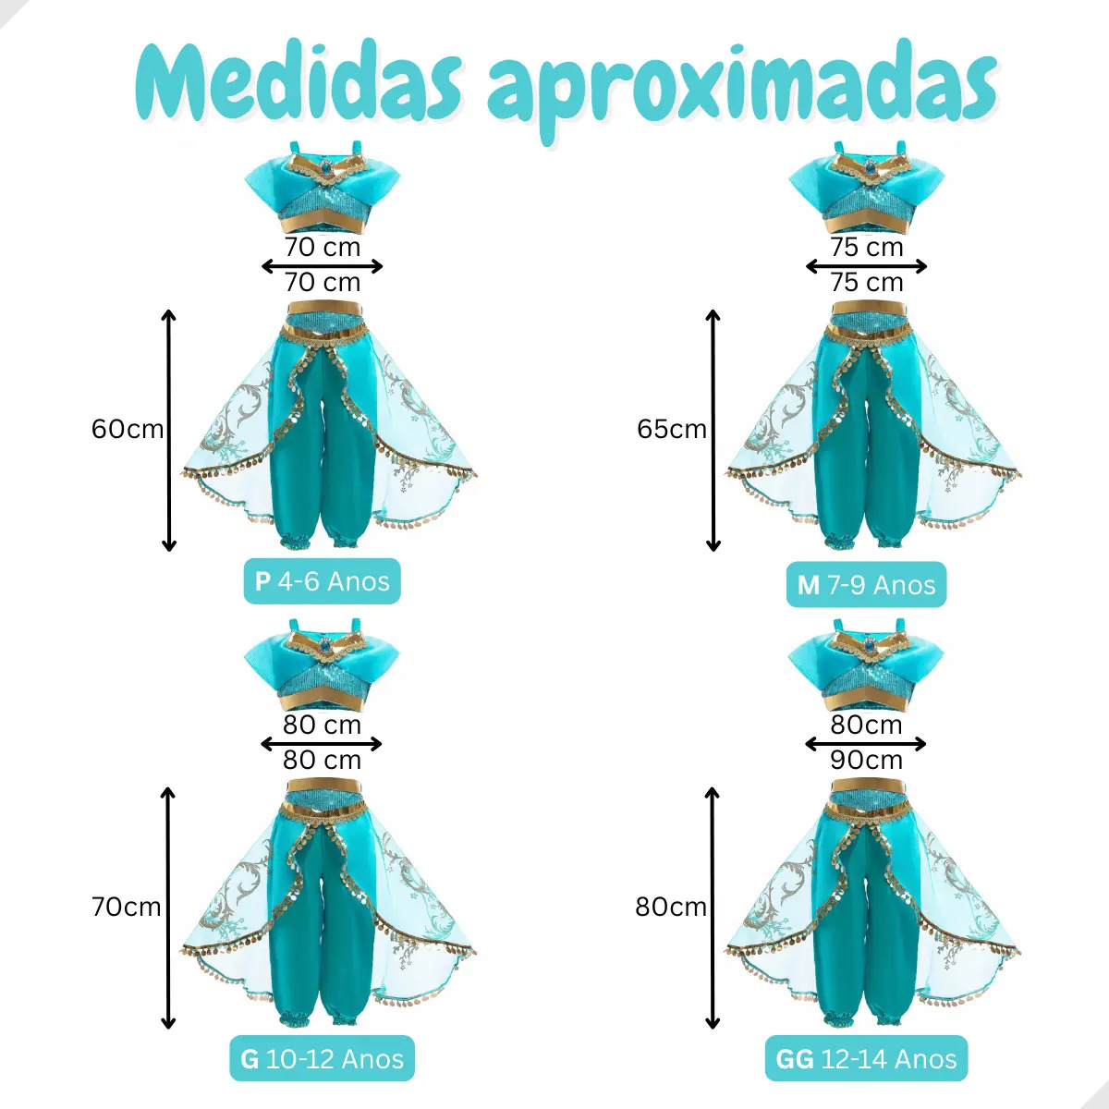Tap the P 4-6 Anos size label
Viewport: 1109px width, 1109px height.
click(322, 581)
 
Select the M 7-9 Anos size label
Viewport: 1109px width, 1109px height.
click(866, 585)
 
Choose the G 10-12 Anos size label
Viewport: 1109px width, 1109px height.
click(322, 1059)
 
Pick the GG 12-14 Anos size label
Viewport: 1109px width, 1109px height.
click(866, 1059)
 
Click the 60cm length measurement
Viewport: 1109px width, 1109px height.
click(128, 430)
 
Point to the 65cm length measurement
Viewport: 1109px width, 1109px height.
click(672, 430)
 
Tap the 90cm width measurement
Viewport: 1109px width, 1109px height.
click(866, 761)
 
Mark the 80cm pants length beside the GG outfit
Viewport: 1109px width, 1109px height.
click(670, 907)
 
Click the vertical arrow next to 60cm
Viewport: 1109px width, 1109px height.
click(168, 431)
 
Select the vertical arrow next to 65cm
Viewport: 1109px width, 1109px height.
click(713, 431)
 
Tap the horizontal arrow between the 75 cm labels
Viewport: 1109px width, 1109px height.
click(866, 266)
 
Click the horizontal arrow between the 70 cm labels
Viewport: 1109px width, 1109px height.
click(322, 266)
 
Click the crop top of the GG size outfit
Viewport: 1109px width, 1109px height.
click(866, 664)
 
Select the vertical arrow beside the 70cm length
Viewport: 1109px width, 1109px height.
click(168, 908)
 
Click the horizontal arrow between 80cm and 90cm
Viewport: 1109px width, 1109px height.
click(866, 744)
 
